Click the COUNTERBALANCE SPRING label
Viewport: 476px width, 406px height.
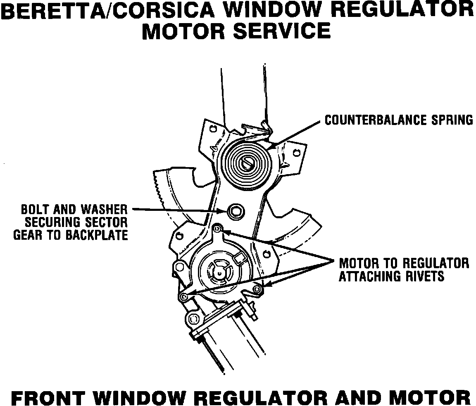tap(398, 120)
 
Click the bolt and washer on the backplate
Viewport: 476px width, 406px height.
tap(236, 211)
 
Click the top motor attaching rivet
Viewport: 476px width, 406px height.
tap(218, 228)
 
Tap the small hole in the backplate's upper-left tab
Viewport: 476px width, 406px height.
tap(212, 129)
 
